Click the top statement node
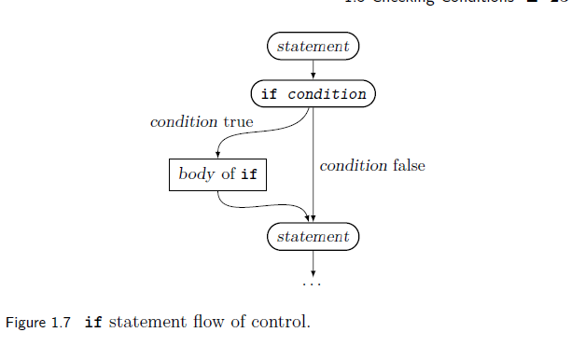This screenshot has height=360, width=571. click(x=313, y=46)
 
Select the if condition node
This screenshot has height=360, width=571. click(x=313, y=94)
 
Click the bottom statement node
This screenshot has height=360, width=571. click(x=313, y=237)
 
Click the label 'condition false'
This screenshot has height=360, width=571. click(x=372, y=165)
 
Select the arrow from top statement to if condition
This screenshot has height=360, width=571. click(x=313, y=70)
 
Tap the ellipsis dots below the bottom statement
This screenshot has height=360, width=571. click(x=313, y=282)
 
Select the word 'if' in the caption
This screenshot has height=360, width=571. click(x=93, y=324)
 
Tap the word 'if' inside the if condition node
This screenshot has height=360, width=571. click(x=270, y=94)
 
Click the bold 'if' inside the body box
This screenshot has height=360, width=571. click(x=249, y=174)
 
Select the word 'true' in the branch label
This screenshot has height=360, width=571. click(x=238, y=122)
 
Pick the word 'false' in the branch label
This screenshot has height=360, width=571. click(x=409, y=165)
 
